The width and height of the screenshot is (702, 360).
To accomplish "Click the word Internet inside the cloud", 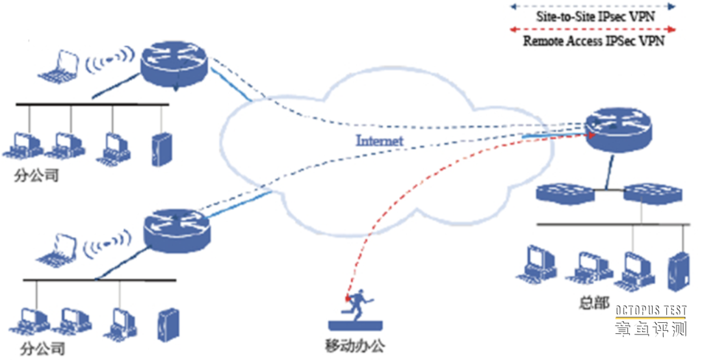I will [x=380, y=140].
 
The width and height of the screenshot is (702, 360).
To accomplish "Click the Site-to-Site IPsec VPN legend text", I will [x=595, y=17].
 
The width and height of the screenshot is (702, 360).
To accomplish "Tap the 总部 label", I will [x=593, y=303].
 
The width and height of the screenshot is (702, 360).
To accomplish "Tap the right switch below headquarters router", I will [x=651, y=192].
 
